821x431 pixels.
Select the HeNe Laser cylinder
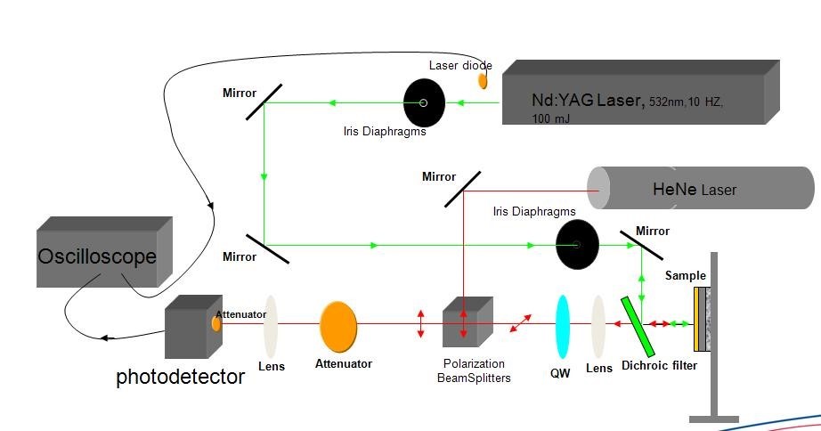(700, 189)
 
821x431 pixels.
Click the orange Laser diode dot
(484, 81)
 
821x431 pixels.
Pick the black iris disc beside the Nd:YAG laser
(424, 102)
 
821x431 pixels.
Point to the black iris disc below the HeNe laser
(577, 244)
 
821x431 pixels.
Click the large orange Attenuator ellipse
(338, 326)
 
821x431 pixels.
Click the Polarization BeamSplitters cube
(467, 321)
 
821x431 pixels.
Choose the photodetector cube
(191, 329)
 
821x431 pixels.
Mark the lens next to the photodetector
(271, 325)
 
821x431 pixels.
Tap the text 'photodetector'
(180, 378)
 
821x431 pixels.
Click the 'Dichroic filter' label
(659, 365)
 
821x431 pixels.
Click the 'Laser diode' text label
(460, 65)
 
